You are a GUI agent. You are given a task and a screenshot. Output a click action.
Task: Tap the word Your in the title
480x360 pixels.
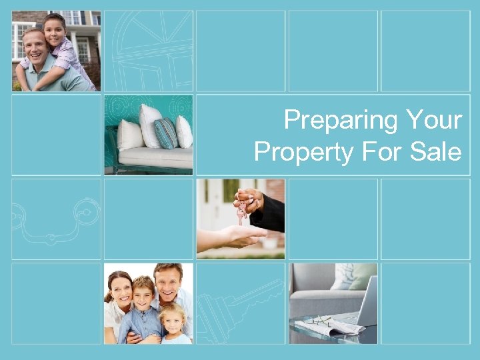click(433, 121)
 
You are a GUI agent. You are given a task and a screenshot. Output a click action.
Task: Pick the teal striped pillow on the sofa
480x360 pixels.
click(166, 133)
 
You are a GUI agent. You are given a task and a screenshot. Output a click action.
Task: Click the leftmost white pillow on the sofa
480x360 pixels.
click(130, 136)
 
